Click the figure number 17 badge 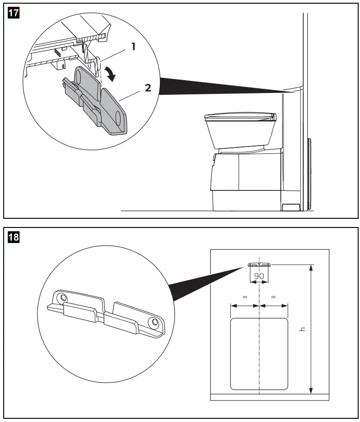pyautogui.click(x=14, y=13)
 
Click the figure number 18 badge pyautogui.click(x=14, y=237)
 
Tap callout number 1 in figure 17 pyautogui.click(x=133, y=46)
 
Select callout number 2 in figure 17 pyautogui.click(x=148, y=88)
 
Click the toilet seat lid pyautogui.click(x=240, y=117)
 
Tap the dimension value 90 pyautogui.click(x=259, y=276)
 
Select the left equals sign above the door pyautogui.click(x=245, y=297)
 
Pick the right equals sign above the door pyautogui.click(x=273, y=297)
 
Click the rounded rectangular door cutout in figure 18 pyautogui.click(x=259, y=354)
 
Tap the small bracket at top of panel pyautogui.click(x=259, y=265)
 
